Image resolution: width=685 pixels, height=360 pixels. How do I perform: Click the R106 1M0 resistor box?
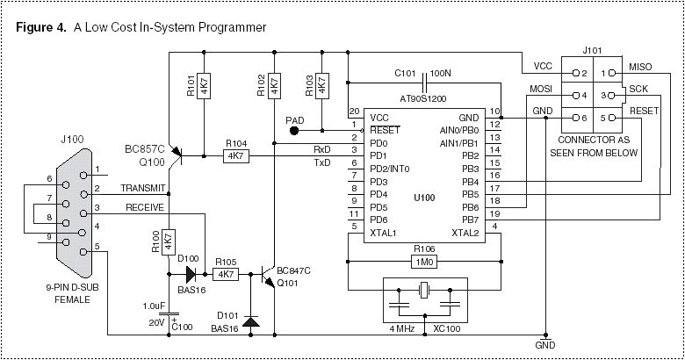tap(423, 262)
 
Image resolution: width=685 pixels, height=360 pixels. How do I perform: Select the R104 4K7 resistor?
tap(235, 155)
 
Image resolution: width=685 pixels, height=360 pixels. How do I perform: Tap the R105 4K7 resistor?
tap(226, 274)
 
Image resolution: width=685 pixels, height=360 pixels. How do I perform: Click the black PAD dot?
tap(294, 130)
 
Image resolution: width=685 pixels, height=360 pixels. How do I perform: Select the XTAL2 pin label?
tap(465, 233)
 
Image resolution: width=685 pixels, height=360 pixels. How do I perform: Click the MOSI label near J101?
tap(540, 89)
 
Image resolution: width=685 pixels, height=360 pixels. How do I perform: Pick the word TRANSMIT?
tap(142, 188)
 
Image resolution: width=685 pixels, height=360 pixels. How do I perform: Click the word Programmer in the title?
tap(228, 26)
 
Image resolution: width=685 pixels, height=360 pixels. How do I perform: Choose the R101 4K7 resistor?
tap(202, 86)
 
